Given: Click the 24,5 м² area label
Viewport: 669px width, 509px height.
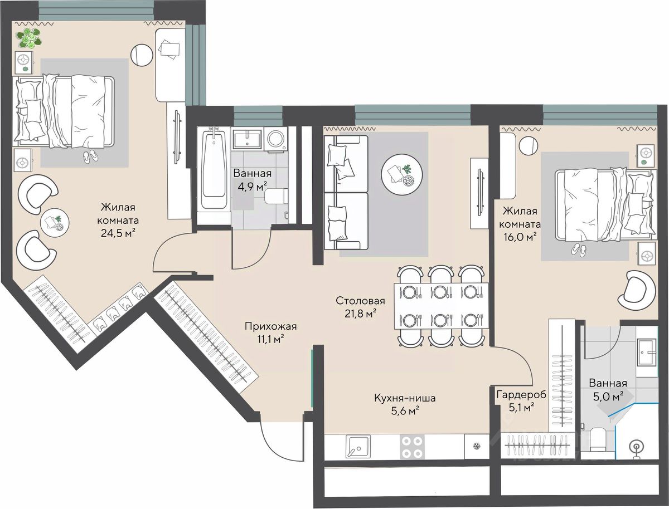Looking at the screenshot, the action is tap(118, 233).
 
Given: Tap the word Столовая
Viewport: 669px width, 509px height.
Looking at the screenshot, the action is tap(360, 301).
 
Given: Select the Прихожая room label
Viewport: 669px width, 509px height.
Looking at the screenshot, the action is tap(270, 327).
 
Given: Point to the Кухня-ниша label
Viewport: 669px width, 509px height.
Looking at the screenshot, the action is tap(405, 398).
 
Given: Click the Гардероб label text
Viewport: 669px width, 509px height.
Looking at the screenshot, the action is tap(521, 395).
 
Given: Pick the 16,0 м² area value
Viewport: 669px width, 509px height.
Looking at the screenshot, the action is tap(519, 237).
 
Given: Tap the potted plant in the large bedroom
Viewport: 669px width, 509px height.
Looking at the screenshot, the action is tap(29, 38).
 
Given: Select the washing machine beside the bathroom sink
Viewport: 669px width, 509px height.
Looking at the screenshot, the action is tap(275, 139).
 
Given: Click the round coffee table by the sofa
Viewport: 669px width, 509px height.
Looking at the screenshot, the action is tap(402, 174).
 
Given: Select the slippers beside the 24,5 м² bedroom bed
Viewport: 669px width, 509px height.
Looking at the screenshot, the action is tap(91, 156).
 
